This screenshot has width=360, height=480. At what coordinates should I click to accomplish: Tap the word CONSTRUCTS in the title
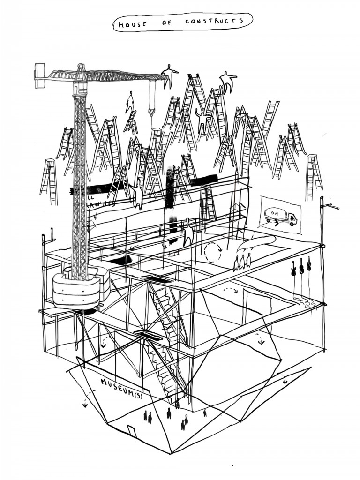point(215,22)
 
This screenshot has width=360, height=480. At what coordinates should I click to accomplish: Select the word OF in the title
point(167,22)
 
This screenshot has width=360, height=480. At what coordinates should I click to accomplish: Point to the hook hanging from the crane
point(151,112)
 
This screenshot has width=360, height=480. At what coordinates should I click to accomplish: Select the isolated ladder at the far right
point(314,177)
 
